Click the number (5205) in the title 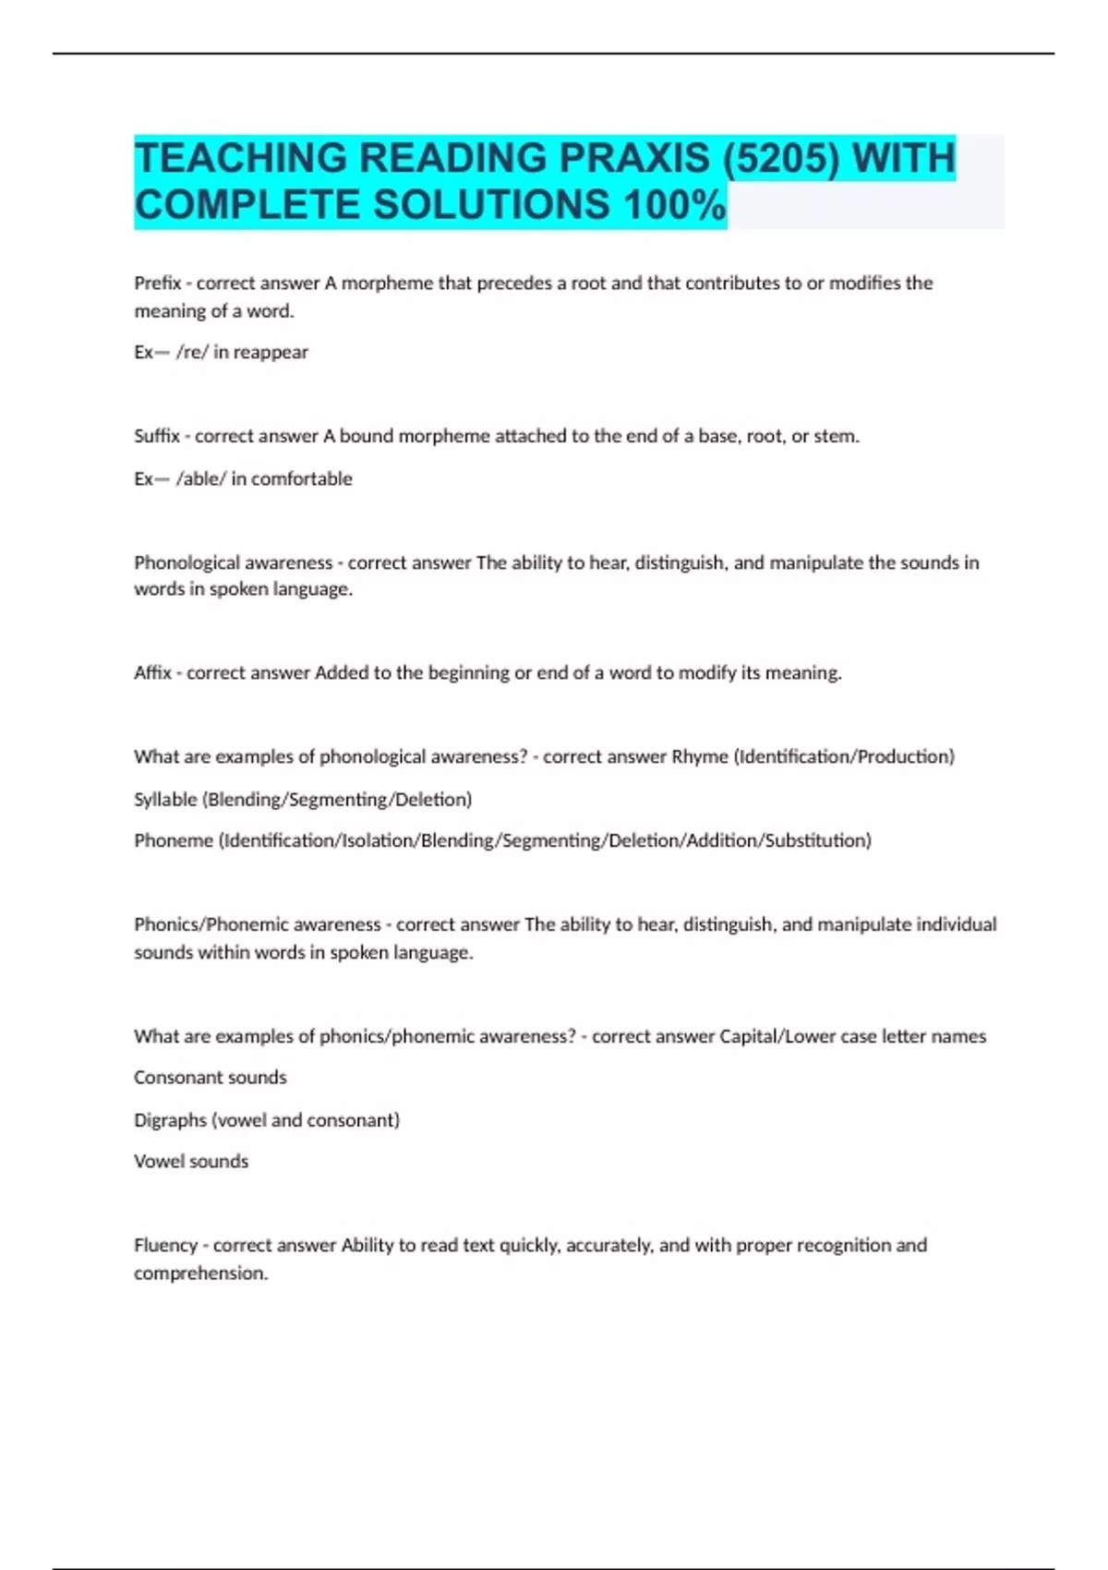(781, 158)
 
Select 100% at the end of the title (674, 205)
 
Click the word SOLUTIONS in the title (491, 205)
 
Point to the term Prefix (157, 283)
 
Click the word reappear (271, 352)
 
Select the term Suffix (157, 436)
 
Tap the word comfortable (302, 478)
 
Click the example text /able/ (200, 478)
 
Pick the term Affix (153, 672)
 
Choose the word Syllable (165, 799)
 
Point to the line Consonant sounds (211, 1077)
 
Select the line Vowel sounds (191, 1161)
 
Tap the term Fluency (165, 1245)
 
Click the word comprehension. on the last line (200, 1273)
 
